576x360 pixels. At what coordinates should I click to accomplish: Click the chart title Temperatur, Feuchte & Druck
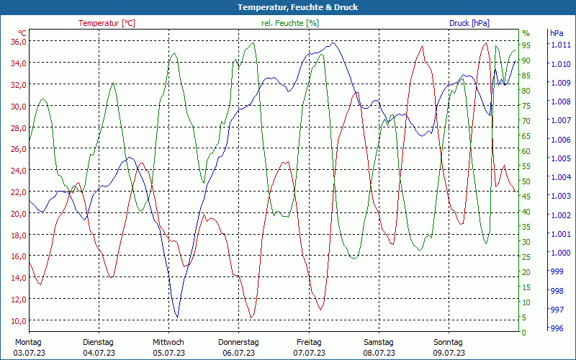point(288,7)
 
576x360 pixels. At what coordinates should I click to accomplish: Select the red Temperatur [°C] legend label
point(107,23)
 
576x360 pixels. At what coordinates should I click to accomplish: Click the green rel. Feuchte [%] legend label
point(289,23)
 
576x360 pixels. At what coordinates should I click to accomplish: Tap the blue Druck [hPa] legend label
point(469,23)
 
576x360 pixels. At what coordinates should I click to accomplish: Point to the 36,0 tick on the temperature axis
point(18,41)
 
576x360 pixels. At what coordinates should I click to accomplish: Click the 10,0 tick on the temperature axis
point(18,320)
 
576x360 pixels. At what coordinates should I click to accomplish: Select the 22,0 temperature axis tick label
point(18,192)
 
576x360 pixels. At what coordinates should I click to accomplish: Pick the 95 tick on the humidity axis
point(526,45)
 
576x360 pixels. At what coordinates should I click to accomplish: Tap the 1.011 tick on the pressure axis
point(560,45)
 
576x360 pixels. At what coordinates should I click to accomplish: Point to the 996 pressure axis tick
point(556,328)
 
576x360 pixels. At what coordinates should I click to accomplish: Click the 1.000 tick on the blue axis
point(560,253)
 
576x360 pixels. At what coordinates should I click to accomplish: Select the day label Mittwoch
point(168,342)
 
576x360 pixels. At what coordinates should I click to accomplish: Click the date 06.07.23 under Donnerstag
point(238,353)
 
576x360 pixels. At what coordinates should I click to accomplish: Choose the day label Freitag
point(309,342)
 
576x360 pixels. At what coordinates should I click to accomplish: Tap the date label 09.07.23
point(449,353)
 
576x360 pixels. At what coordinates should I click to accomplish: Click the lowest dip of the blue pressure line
point(176,317)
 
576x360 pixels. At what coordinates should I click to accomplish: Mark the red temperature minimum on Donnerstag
point(251,317)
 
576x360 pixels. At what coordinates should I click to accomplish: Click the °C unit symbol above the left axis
point(22,33)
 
